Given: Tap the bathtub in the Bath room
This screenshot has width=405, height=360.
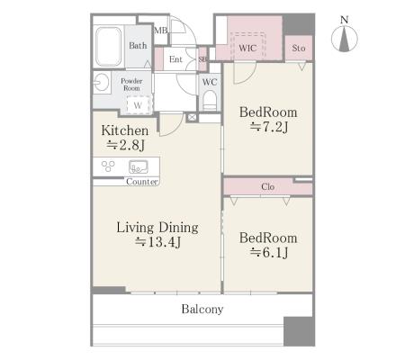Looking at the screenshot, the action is point(108,47).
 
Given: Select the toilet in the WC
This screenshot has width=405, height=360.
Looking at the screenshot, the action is point(210,100).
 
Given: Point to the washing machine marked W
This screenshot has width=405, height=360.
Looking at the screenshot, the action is point(138,105).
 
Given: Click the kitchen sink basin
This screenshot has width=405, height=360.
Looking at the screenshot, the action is point(139,167).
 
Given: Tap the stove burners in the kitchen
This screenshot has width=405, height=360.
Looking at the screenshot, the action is point(108,166).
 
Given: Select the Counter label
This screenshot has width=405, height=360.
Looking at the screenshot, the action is point(142,182).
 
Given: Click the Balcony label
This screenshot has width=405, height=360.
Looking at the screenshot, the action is point(202,310).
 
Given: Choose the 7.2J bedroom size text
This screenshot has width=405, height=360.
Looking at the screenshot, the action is point(269,128).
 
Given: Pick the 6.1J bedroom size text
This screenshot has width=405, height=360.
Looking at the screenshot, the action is point(269,253).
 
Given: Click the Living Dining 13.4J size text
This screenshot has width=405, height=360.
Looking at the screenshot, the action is point(157,242).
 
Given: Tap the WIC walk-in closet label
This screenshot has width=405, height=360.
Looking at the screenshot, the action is point(247,48).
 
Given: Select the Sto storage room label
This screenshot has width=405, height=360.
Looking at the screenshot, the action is point(299,48).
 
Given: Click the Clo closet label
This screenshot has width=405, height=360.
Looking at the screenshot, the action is point(267,187).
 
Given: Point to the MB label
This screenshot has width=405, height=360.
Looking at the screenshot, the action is point(161,31).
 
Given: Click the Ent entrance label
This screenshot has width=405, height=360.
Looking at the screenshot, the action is point(175,59).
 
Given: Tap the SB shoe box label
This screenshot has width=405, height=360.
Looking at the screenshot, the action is point(202,59).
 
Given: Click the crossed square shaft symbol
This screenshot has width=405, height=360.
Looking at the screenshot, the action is point(192,117).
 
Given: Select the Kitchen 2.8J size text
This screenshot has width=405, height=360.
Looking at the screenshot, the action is point(125,146).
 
